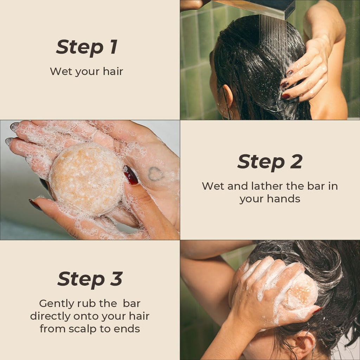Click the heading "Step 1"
(x=86, y=47)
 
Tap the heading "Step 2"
(x=270, y=162)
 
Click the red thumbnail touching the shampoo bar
(x=131, y=175)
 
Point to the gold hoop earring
(x=227, y=114)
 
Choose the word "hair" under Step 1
(x=113, y=71)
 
